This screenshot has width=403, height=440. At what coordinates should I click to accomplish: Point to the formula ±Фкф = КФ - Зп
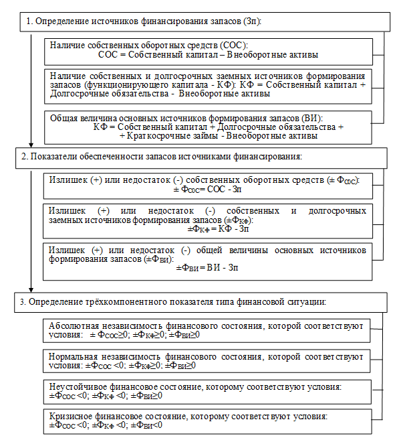207,228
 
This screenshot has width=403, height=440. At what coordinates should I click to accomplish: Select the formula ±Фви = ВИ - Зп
207,268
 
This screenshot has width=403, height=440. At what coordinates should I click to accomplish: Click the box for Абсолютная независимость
207,330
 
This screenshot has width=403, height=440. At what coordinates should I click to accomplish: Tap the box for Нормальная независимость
207,361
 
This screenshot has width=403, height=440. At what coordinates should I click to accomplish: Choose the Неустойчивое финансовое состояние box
207,391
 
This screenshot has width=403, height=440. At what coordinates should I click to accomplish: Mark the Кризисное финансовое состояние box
207,421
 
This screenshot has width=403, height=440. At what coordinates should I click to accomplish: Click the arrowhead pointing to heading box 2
31,144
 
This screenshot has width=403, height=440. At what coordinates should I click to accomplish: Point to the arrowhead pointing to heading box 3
31,289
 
